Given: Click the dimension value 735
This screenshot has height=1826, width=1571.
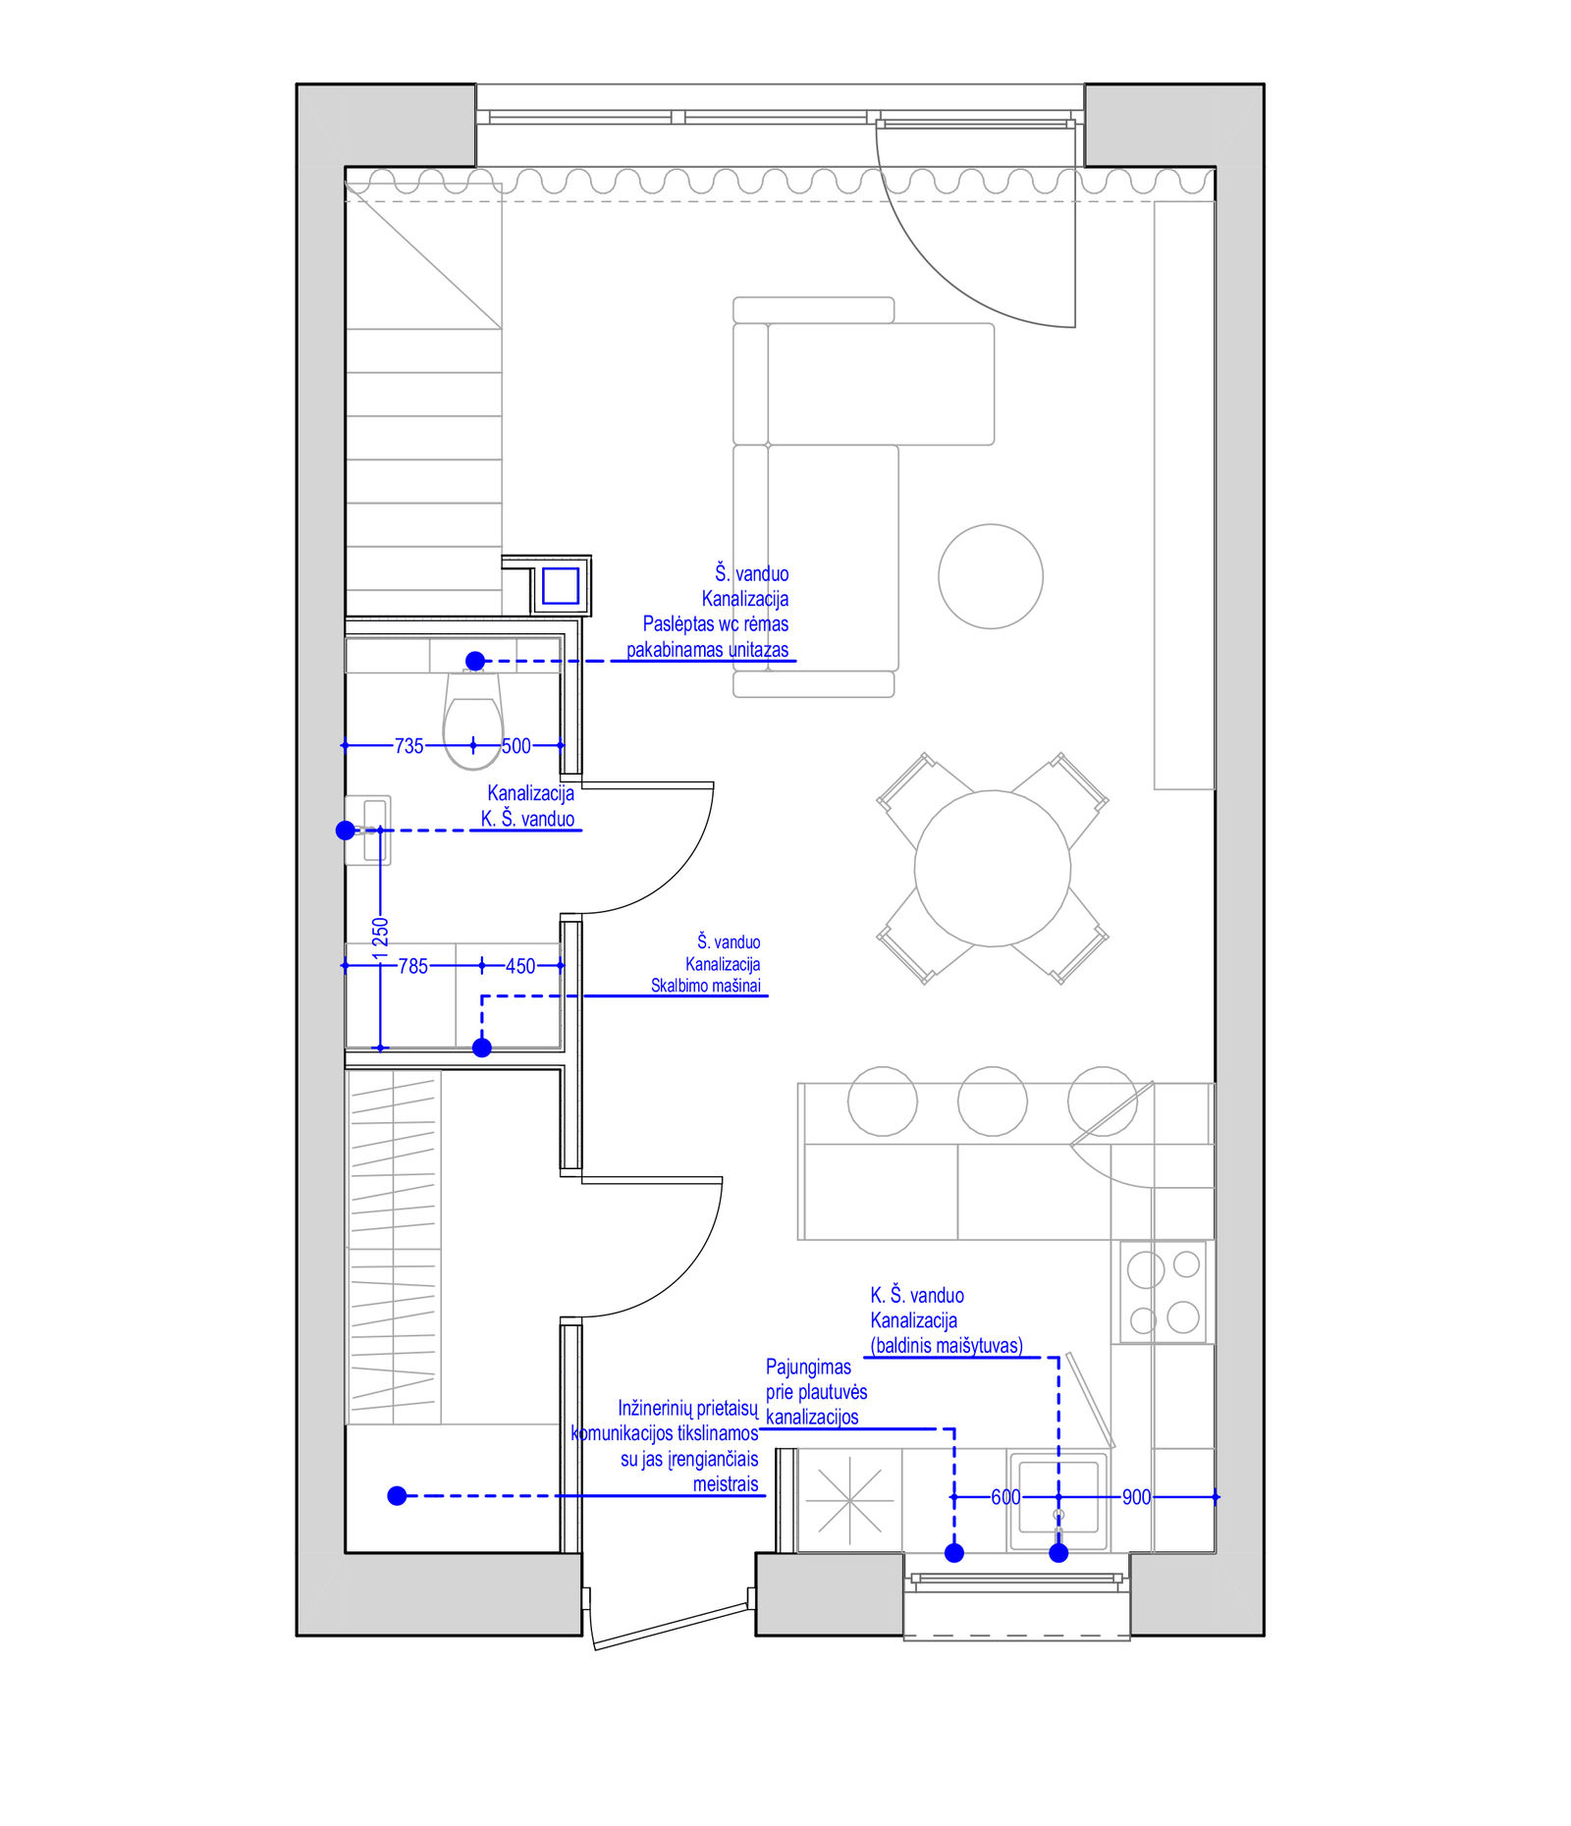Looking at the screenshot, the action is point(408,746).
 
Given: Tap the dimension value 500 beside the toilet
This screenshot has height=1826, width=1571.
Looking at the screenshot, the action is point(516,746).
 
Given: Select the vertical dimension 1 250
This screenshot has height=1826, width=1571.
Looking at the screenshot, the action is point(381,938).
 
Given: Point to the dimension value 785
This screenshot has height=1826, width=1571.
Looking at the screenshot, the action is point(413,966).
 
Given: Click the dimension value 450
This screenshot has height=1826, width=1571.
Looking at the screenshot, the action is point(520,966).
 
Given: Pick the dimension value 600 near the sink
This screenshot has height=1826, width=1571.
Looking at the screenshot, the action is point(1005,1497).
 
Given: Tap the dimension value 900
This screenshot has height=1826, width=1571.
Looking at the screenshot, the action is point(1136,1497).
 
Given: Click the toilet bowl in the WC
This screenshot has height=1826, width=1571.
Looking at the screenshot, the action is point(473,720).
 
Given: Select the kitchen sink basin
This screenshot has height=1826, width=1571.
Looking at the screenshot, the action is point(1058,1497).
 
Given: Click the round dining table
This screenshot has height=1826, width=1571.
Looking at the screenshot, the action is point(993,869).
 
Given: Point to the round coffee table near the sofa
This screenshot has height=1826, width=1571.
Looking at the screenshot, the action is point(991,576).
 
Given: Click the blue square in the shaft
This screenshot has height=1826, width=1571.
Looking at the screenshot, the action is point(561,586).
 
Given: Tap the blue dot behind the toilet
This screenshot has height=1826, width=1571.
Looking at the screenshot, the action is point(475,661).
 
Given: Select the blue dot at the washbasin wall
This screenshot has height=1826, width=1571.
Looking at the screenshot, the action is point(346,831).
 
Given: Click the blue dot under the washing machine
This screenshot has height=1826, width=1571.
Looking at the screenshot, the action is point(482,1047).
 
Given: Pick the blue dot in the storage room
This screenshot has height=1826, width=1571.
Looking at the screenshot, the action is point(397,1495).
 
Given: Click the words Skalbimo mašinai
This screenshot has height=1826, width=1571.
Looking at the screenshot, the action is point(706,986).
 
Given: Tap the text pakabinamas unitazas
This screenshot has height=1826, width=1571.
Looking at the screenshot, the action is point(707,649).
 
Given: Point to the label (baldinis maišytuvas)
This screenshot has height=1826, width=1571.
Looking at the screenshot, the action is point(947,1345).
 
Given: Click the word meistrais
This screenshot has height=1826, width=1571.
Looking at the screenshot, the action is point(726,1483).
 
